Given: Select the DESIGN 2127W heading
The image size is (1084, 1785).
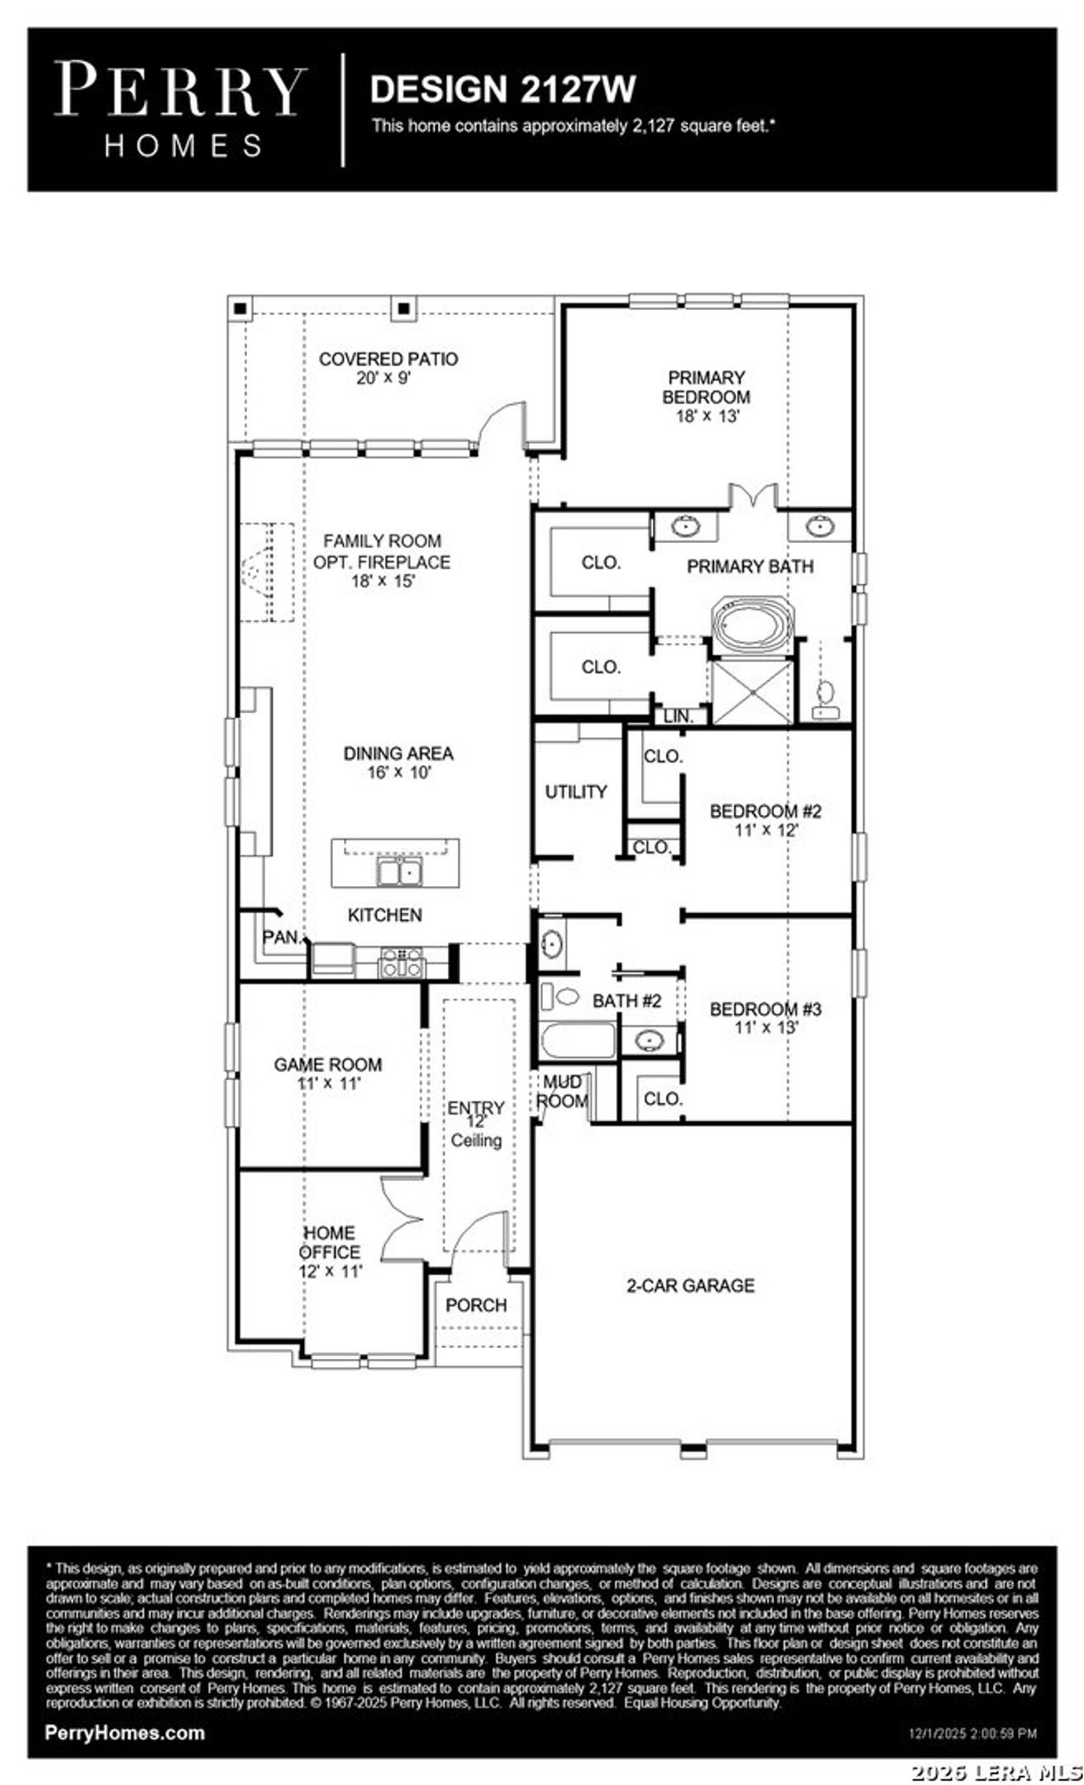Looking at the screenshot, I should pyautogui.click(x=502, y=89).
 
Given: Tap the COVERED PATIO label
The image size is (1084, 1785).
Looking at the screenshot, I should pyautogui.click(x=388, y=359).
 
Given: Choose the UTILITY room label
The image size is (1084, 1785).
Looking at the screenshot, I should pyautogui.click(x=576, y=791).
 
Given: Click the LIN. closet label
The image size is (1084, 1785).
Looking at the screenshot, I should pyautogui.click(x=678, y=716).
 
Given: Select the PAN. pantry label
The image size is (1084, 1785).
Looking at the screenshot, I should pyautogui.click(x=282, y=937).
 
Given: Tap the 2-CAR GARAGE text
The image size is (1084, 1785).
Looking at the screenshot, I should pyautogui.click(x=690, y=1285).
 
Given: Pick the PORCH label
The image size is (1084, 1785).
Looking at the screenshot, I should pyautogui.click(x=476, y=1305).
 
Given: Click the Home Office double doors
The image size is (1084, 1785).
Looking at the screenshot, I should pyautogui.click(x=401, y=1219).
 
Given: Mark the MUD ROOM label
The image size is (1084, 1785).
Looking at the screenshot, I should pyautogui.click(x=562, y=1092).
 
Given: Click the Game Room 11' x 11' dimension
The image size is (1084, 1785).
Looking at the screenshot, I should pyautogui.click(x=329, y=1084).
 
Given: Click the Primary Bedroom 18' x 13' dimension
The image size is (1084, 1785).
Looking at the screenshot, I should pyautogui.click(x=707, y=416).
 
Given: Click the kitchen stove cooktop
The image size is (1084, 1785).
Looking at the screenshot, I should pyautogui.click(x=402, y=962).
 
